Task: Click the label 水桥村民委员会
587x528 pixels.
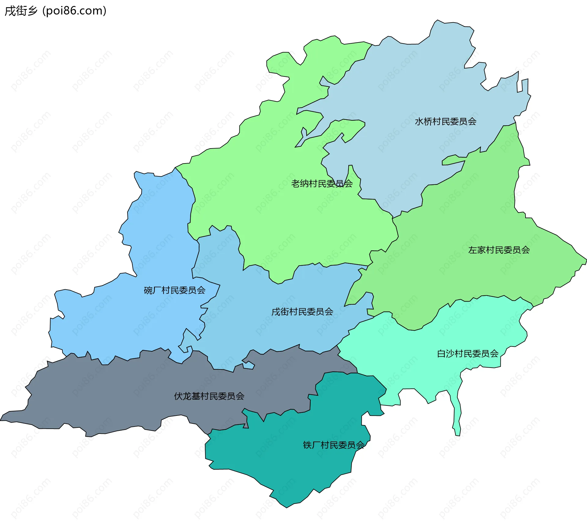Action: point(445,122)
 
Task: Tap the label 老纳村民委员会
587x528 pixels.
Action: point(322,184)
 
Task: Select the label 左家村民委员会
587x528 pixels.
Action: point(499,250)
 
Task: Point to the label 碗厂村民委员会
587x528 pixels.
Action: point(174,290)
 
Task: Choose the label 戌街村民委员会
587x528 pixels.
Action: point(302,312)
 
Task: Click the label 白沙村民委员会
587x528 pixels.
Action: point(467,354)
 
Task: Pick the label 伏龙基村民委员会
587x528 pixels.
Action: point(209,396)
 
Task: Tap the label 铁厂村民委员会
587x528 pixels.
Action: point(334,445)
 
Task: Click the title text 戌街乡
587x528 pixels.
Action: point(21,11)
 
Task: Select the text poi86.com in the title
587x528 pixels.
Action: point(74,11)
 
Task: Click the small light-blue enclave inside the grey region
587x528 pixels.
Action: point(249,365)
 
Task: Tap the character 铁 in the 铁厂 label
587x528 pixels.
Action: point(307,445)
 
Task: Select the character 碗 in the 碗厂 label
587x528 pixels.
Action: point(148,290)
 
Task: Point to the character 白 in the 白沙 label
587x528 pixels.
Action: point(441,354)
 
